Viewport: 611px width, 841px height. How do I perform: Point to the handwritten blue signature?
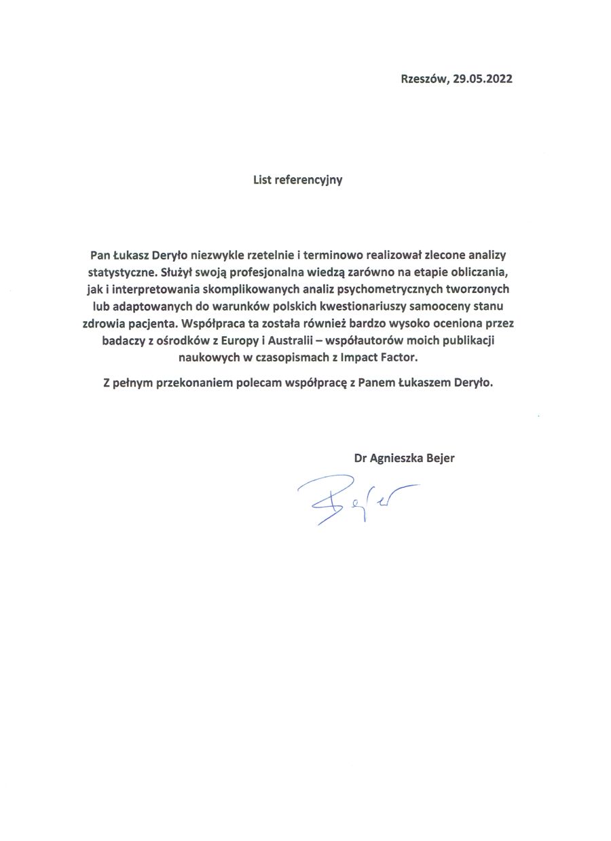pyautogui.click(x=353, y=499)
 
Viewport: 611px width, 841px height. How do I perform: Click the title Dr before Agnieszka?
pyautogui.click(x=360, y=458)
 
